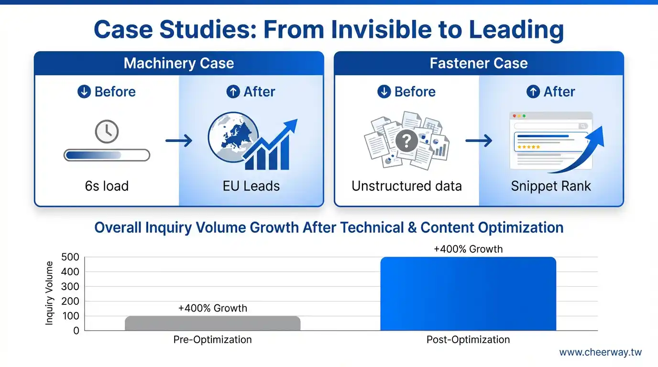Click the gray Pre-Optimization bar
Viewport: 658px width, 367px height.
[213, 323]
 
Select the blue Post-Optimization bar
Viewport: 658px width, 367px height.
[468, 293]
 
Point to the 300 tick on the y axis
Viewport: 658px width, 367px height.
[70, 287]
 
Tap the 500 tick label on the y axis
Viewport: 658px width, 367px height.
[70, 257]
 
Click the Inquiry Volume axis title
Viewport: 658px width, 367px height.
[49, 293]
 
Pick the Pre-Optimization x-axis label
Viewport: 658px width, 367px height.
[212, 340]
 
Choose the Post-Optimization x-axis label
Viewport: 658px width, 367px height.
[468, 340]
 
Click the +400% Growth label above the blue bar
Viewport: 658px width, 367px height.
[468, 249]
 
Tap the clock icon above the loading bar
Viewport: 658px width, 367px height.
[107, 131]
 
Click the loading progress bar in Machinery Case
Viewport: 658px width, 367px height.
[107, 155]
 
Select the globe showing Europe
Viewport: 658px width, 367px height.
[233, 137]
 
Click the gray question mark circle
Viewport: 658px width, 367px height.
[406, 141]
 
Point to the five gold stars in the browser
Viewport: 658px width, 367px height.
[528, 147]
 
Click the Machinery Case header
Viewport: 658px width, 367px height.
[179, 63]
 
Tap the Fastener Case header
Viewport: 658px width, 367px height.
[479, 63]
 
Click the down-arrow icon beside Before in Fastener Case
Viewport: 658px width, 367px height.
[384, 91]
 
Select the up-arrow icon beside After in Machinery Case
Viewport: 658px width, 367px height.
[233, 91]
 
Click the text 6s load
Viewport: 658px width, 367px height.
[107, 186]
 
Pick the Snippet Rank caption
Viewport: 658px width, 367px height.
[551, 186]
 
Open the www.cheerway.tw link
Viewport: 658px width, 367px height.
[601, 352]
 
